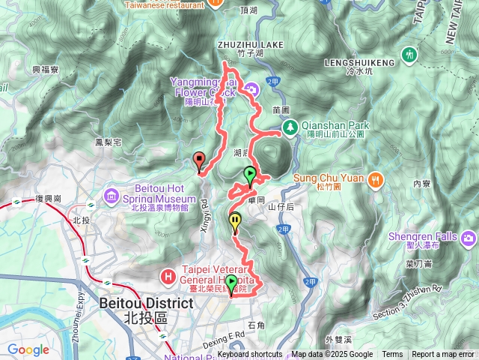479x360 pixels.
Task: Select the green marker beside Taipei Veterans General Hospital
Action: tap(231, 283)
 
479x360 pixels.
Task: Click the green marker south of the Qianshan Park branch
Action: tap(250, 175)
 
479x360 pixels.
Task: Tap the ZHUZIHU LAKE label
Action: tap(251, 45)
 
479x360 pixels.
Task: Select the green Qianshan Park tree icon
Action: tap(290, 127)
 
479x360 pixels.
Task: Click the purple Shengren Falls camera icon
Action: tap(469, 238)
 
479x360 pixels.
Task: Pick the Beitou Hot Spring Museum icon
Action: tap(112, 196)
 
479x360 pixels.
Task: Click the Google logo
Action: tap(28, 349)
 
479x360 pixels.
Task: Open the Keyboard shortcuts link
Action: tap(250, 355)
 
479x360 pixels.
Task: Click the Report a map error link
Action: tap(443, 355)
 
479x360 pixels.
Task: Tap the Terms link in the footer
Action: tap(392, 355)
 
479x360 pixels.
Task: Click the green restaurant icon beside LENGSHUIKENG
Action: tap(409, 55)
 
